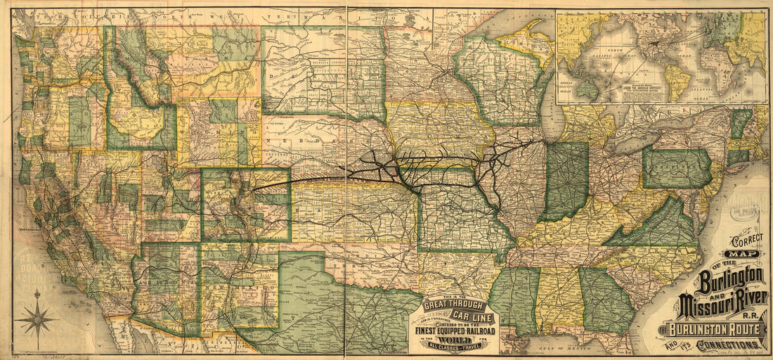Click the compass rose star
pos(37,321)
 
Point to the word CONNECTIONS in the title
pos(731,345)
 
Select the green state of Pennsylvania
pos(676,169)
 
